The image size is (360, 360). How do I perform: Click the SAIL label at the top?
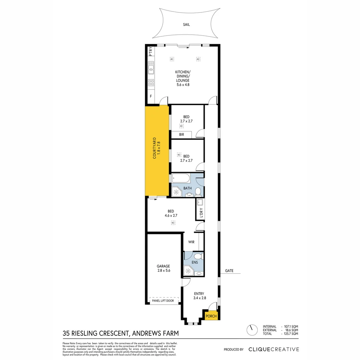(x=186, y=25)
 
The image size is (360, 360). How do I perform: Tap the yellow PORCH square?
(x=211, y=316)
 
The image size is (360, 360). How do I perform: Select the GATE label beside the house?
(x=229, y=270)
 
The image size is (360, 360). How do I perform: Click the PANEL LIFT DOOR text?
(x=163, y=301)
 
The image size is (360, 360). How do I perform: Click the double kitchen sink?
(x=151, y=68)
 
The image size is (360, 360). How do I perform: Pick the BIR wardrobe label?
(x=181, y=135)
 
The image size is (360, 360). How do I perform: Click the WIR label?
(x=191, y=242)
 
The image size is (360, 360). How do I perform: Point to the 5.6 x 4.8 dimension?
(x=183, y=85)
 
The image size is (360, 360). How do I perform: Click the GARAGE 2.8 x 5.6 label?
(x=163, y=269)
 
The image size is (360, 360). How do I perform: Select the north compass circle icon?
(x=251, y=330)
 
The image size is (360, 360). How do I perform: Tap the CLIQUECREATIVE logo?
(x=274, y=349)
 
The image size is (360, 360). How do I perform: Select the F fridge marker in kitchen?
(x=151, y=96)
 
